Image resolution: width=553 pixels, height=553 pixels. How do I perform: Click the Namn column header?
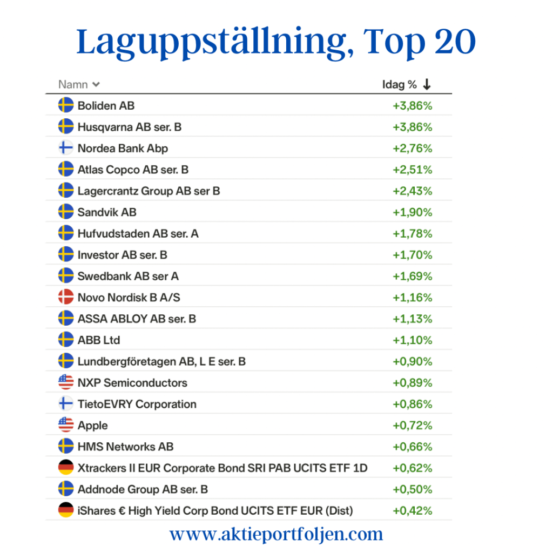point(73,84)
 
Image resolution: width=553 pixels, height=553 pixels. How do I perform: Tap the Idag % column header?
point(400,84)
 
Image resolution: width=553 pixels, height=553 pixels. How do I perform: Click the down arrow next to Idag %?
point(427,84)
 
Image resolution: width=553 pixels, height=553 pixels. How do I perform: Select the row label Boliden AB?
point(106,105)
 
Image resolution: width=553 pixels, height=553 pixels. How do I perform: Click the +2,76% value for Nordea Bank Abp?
point(413,148)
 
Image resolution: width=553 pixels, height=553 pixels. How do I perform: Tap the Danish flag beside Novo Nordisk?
point(66,297)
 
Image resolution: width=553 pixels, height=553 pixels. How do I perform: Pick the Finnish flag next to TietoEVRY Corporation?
point(66,404)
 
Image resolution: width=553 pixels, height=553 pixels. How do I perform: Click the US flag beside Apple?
point(66,425)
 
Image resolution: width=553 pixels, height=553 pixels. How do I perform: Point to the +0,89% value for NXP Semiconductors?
point(413,383)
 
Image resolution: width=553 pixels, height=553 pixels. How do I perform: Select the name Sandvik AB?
point(107,212)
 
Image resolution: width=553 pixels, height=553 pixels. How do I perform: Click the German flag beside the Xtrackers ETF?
point(66,468)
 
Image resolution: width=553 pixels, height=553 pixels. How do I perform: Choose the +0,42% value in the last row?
point(413,510)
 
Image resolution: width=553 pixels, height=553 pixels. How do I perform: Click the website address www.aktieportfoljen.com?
point(276,534)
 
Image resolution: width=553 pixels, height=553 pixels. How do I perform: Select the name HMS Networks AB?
point(125,447)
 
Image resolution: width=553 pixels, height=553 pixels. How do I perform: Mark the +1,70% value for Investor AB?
point(413,255)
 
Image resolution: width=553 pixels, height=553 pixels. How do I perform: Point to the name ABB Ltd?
point(99,340)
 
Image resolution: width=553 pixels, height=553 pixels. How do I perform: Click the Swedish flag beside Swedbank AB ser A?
point(66,276)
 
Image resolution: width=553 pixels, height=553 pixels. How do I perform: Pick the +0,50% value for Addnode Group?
point(413,489)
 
